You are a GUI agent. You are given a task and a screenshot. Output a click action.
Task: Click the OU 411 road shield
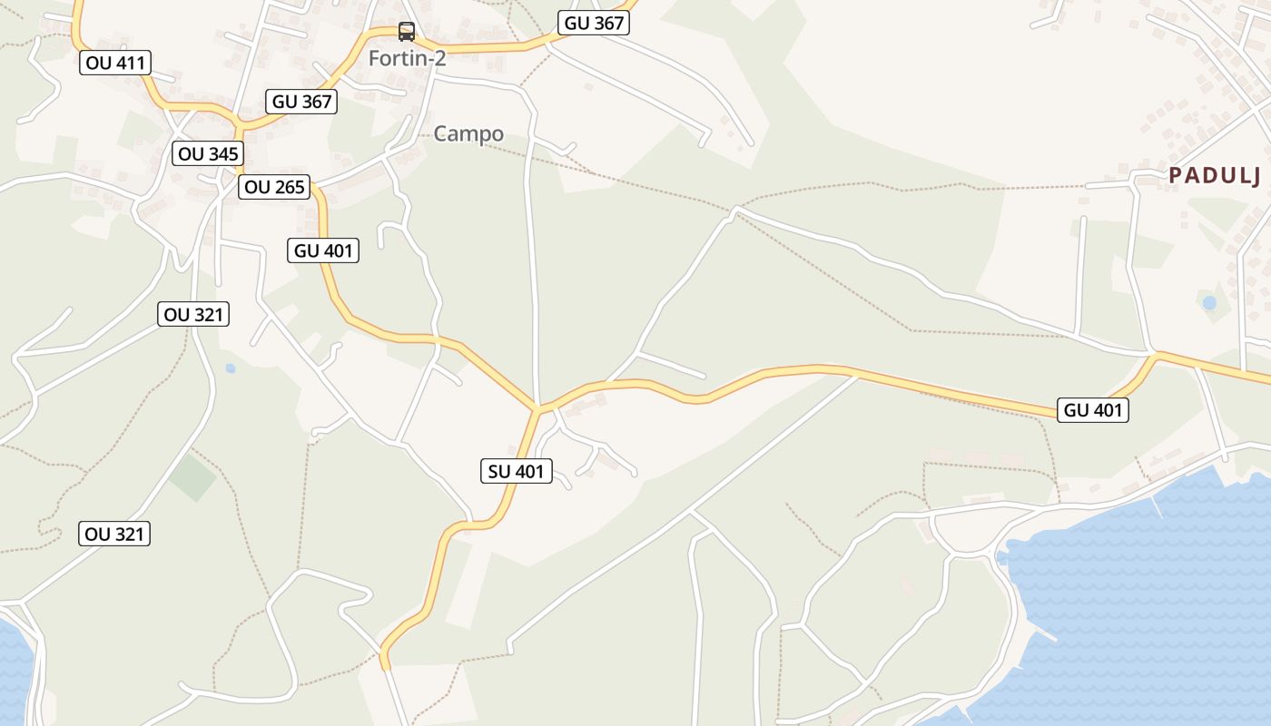click(115, 63)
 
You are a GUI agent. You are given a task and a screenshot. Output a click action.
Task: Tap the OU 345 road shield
click(209, 153)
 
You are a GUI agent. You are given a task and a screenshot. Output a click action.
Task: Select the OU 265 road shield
click(275, 188)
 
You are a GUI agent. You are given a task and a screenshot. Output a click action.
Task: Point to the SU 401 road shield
click(516, 471)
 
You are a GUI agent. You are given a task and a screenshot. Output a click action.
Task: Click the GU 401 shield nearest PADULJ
click(1093, 410)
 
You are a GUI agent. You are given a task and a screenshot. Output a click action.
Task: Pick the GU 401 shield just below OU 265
click(323, 250)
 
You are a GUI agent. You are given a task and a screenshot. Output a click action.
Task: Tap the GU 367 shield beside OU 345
click(302, 102)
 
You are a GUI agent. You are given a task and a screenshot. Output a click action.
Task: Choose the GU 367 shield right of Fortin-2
click(595, 24)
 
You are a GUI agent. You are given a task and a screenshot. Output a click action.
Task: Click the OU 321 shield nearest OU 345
click(192, 315)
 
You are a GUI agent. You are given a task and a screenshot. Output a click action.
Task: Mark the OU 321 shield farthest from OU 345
click(114, 534)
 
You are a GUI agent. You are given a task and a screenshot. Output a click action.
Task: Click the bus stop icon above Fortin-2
click(407, 33)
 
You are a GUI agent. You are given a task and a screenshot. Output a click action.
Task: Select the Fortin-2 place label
click(407, 58)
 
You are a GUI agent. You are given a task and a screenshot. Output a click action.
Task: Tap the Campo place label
click(468, 134)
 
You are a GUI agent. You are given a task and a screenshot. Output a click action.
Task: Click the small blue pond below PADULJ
click(1208, 302)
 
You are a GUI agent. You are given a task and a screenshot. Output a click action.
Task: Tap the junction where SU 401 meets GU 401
click(537, 409)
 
